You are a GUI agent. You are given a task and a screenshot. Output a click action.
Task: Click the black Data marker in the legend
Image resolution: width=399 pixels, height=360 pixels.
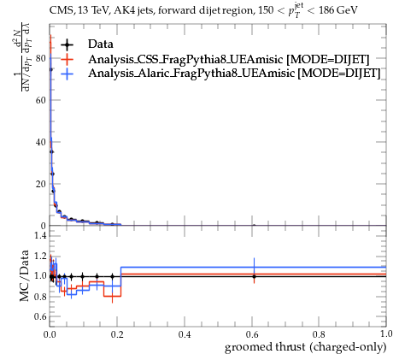67,44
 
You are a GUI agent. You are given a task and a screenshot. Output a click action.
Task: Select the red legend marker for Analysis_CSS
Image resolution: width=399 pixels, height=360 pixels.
67,59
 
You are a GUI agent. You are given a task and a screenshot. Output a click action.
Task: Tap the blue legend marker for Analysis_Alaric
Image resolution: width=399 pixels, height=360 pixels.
67,74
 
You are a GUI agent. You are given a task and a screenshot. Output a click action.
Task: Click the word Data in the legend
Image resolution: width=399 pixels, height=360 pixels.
101,44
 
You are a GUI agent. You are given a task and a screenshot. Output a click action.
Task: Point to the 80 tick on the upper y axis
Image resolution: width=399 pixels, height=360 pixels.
41,58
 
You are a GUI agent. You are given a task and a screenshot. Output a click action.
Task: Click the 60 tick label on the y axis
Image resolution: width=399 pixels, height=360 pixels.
41,100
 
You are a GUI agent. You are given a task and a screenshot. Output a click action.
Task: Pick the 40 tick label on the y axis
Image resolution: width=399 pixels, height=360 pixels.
41,142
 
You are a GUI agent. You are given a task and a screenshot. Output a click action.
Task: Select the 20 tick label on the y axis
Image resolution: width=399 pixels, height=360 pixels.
41,184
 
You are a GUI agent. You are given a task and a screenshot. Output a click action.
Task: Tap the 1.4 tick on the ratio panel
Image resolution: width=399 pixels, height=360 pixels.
40,235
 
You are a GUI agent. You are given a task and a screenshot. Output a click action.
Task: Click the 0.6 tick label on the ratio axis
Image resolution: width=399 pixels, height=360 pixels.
40,316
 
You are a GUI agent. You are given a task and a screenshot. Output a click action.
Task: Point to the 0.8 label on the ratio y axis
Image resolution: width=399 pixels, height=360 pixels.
40,297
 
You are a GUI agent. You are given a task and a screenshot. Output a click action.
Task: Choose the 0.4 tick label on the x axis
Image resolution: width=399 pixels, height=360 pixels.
185,334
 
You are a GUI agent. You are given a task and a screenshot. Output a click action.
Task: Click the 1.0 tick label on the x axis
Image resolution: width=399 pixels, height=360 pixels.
386,334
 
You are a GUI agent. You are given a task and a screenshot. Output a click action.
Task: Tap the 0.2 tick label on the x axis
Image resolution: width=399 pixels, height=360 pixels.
117,334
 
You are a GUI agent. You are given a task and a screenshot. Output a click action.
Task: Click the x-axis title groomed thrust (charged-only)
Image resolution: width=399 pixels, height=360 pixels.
306,347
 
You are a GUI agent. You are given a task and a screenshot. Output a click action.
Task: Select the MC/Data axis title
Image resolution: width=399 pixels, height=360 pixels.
25,275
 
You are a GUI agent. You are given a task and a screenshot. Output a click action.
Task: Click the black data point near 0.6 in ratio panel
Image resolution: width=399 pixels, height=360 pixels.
254,276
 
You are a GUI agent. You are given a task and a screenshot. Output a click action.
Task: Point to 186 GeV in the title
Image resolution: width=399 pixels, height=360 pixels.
338,11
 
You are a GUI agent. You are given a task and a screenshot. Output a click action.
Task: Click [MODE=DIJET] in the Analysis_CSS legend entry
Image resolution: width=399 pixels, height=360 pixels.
327,59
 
